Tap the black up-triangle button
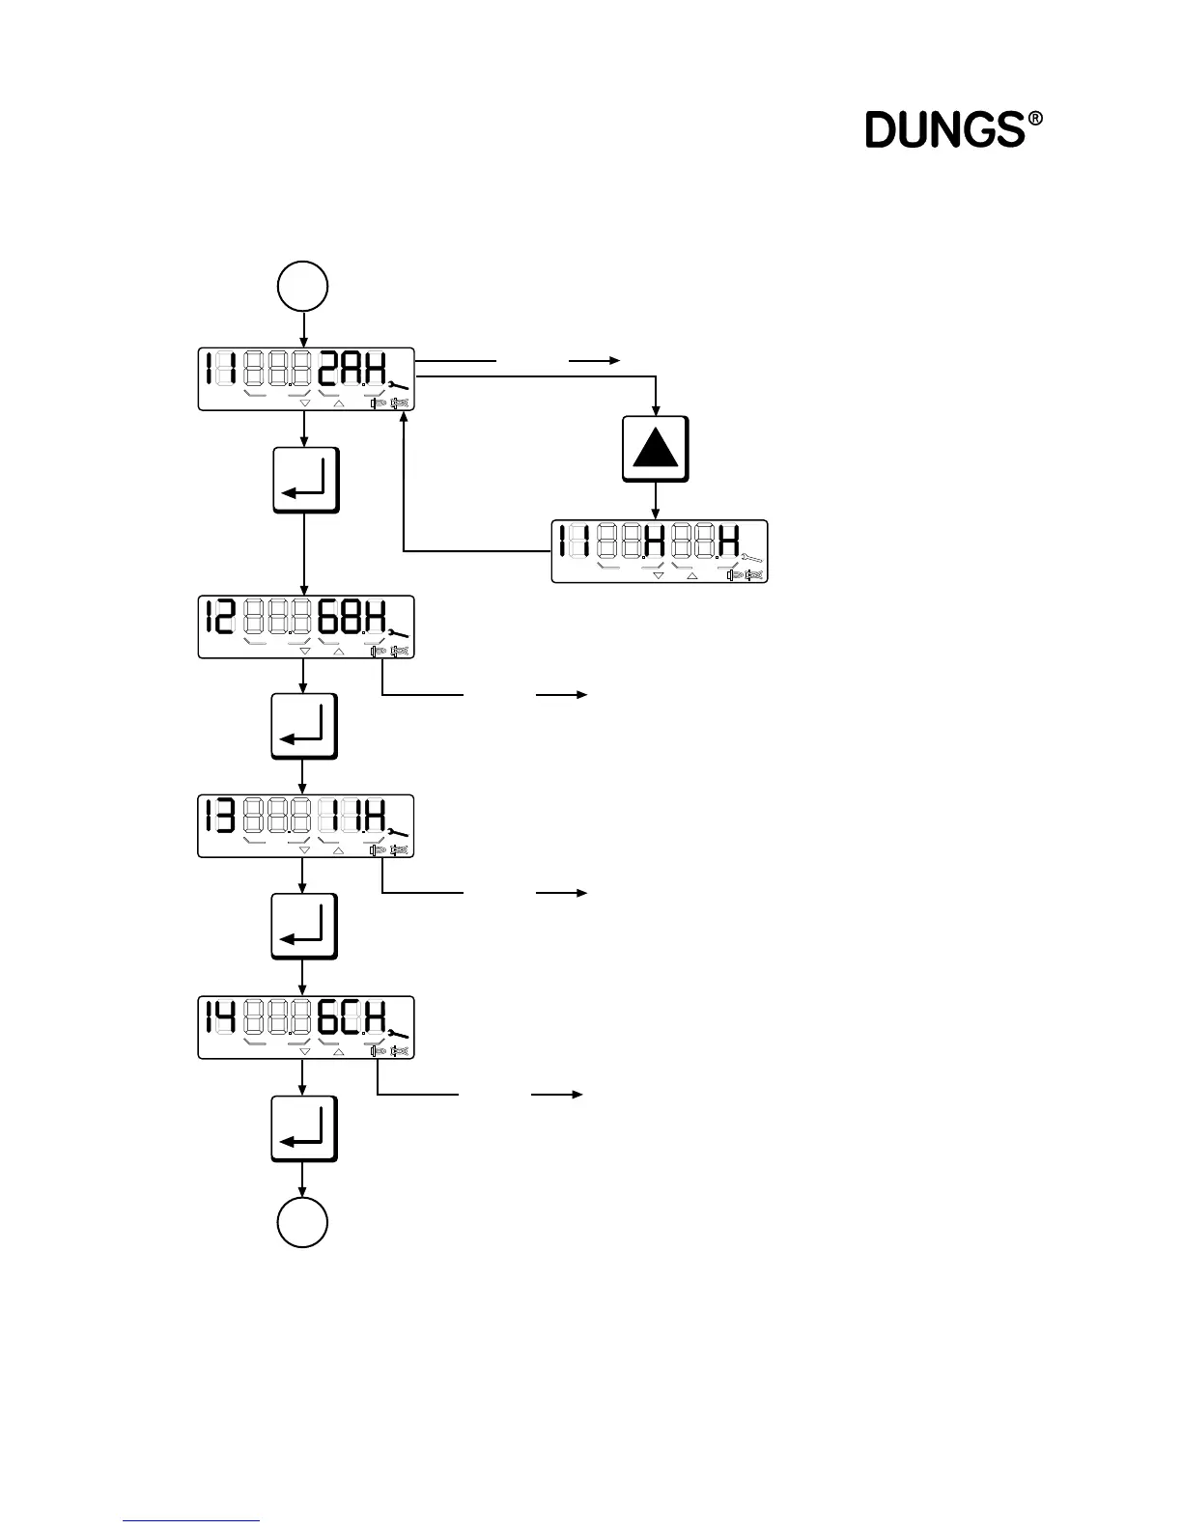(656, 449)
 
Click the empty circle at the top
(303, 287)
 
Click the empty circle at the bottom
(303, 1222)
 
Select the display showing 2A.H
(306, 378)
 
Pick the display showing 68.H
(306, 627)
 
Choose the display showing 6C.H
(306, 1027)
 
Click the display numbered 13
(306, 826)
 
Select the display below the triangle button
(660, 551)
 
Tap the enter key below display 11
(306, 480)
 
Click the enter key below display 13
(304, 926)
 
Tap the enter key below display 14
(304, 1128)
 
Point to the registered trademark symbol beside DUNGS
(1035, 120)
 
